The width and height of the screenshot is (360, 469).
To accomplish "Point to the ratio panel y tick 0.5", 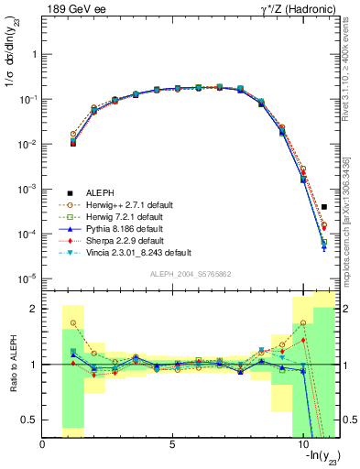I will pyautogui.click(x=30, y=420).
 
